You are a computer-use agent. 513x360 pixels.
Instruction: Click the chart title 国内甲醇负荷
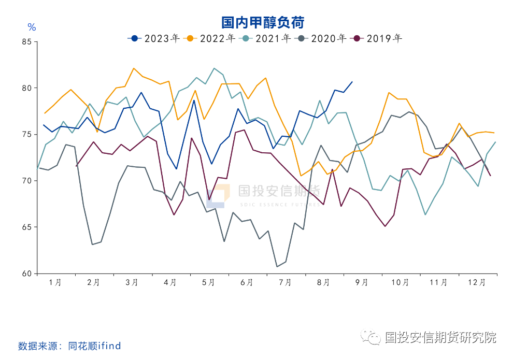tap(263, 22)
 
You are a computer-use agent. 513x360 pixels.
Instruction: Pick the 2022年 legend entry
tap(211, 38)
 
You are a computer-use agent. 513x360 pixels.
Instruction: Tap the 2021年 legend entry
tap(267, 38)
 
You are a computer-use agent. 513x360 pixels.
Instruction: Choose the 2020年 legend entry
tap(322, 38)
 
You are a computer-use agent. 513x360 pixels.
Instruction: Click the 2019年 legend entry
tap(378, 38)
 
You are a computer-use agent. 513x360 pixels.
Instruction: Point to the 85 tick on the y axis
tap(27, 42)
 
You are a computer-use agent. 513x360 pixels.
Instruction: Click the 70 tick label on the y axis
tap(27, 181)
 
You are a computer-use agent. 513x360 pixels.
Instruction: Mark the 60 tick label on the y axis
tap(27, 273)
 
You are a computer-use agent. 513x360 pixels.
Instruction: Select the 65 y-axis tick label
tap(27, 227)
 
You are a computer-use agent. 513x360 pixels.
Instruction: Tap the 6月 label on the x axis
tap(247, 283)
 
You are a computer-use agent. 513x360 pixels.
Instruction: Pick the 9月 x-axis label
tap(362, 283)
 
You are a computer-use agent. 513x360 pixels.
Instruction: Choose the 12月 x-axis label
tap(477, 283)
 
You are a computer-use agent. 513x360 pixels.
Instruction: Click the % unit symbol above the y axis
tap(32, 27)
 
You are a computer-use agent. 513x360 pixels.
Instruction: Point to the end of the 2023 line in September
tap(352, 81)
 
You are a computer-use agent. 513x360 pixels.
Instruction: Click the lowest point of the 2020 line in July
tap(277, 267)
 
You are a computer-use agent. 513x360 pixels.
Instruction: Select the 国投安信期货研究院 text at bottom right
tap(440, 338)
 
